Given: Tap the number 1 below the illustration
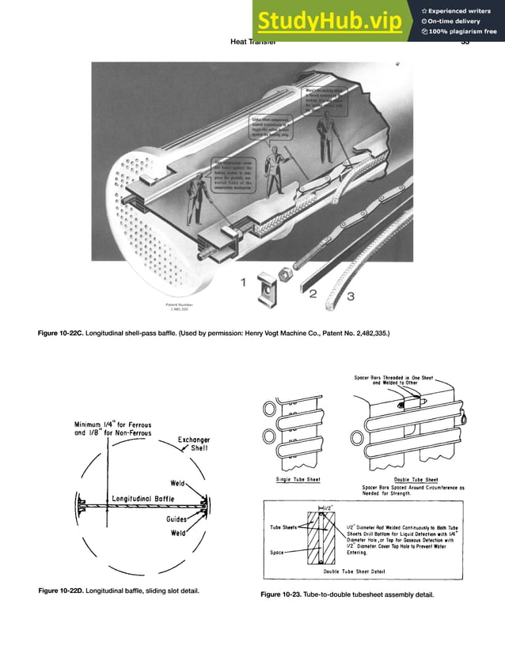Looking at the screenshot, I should click(x=245, y=280).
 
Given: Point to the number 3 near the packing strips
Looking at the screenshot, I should click(x=350, y=296).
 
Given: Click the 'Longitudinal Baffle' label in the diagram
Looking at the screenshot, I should click(x=142, y=499).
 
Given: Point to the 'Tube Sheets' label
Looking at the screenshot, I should click(x=282, y=527).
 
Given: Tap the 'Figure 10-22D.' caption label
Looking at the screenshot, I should click(x=66, y=591).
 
